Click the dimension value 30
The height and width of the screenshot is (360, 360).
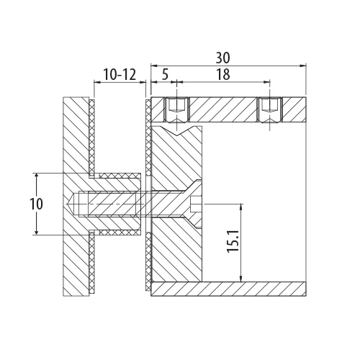pyautogui.click(x=222, y=58)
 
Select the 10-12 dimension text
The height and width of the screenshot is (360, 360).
pyautogui.click(x=120, y=74)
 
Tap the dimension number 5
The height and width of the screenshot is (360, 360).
pyautogui.click(x=165, y=75)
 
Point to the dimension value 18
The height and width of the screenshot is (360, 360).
pyautogui.click(x=223, y=75)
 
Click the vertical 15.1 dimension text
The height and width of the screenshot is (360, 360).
pyautogui.click(x=233, y=240)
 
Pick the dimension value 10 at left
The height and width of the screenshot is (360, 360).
pyautogui.click(x=36, y=204)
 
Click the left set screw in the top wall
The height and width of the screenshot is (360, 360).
pyautogui.click(x=177, y=109)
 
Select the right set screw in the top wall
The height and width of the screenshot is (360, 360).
pyautogui.click(x=269, y=109)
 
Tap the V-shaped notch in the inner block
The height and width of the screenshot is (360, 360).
pyautogui.click(x=177, y=131)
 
